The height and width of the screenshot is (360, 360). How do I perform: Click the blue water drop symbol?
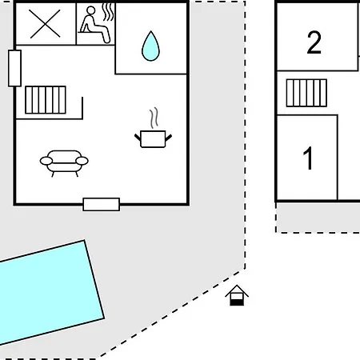[150, 46]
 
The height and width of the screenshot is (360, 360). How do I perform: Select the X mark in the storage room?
[45, 24]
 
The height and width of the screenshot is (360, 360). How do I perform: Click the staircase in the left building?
[46, 100]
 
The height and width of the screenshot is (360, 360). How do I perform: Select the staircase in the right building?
[306, 93]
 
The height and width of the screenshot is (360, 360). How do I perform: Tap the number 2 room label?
[314, 42]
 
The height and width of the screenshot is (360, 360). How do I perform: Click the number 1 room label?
[308, 158]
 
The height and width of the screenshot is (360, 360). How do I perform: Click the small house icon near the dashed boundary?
[237, 295]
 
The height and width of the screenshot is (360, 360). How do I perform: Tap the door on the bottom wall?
[102, 205]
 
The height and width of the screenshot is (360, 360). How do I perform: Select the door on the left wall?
[14, 68]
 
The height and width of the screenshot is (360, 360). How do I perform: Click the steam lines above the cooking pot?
[154, 118]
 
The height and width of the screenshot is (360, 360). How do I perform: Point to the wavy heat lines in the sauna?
[108, 12]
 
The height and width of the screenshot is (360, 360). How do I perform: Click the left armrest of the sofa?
[46, 161]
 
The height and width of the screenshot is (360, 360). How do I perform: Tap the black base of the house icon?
[237, 302]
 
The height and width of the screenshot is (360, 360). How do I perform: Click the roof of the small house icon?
[237, 290]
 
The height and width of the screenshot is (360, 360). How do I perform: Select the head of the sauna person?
[91, 10]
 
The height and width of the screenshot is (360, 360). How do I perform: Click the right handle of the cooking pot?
[169, 138]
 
